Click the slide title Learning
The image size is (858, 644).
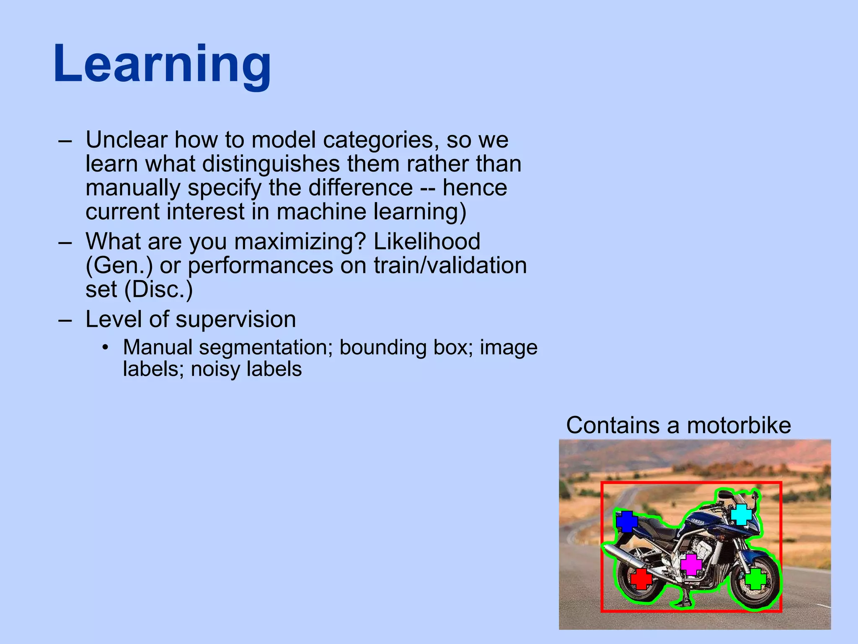(x=162, y=65)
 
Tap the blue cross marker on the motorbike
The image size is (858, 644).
(x=627, y=521)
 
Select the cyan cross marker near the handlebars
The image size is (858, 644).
(x=741, y=514)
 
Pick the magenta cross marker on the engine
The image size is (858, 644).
(x=691, y=564)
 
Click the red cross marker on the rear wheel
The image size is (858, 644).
(x=641, y=579)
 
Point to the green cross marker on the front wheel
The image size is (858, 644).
(x=755, y=579)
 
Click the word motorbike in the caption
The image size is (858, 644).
(x=739, y=425)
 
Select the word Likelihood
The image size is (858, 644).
(x=426, y=241)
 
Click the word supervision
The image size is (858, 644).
(x=236, y=319)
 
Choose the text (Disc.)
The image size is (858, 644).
(x=159, y=290)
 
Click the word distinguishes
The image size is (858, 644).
(x=271, y=164)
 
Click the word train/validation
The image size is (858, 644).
(x=450, y=266)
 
